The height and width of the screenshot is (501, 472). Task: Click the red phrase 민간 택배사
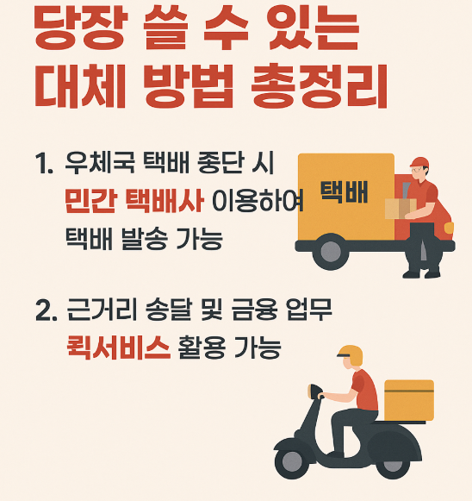(x=134, y=202)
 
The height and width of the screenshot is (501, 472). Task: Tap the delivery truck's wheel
(x=330, y=252)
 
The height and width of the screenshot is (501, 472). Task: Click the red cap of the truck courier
(x=419, y=163)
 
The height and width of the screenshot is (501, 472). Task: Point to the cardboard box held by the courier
(x=399, y=208)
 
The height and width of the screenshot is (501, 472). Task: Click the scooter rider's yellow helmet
(x=351, y=354)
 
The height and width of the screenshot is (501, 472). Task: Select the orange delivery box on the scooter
(x=409, y=400)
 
